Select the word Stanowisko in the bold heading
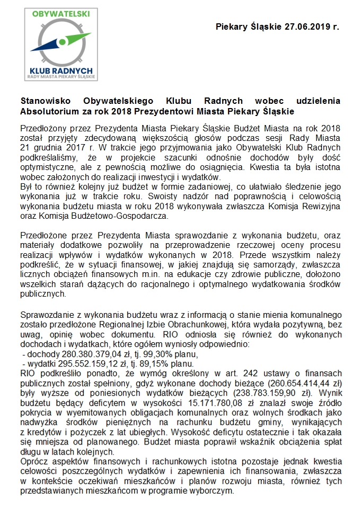(46, 100)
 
